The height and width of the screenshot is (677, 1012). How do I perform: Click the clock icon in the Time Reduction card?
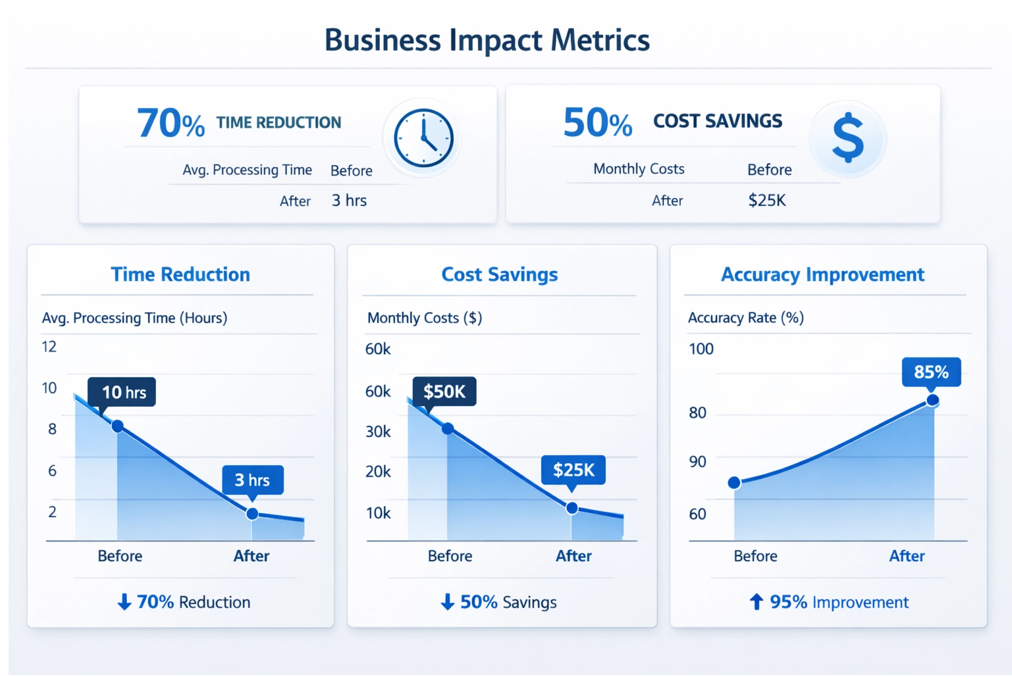click(x=423, y=138)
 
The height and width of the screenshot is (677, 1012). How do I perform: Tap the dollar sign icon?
click(x=848, y=138)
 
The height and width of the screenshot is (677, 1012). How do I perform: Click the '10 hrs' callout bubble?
click(x=122, y=392)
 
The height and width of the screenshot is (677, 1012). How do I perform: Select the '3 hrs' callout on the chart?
click(x=253, y=480)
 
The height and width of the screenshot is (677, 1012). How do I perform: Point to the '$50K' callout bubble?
click(x=444, y=391)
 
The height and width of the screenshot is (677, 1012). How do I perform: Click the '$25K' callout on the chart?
click(x=573, y=470)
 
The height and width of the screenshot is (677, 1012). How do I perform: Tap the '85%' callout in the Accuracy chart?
click(x=931, y=372)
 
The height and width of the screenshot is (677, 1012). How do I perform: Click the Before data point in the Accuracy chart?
click(x=734, y=483)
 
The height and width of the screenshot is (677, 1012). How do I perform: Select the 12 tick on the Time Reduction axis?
click(x=49, y=347)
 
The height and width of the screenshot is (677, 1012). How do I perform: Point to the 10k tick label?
click(x=378, y=513)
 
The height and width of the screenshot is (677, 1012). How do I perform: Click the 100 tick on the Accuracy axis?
click(x=701, y=349)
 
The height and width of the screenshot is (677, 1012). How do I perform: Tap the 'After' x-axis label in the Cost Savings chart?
click(x=573, y=556)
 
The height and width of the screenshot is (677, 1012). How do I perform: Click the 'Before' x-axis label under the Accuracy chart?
click(x=755, y=556)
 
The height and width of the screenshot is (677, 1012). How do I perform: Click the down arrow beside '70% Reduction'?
click(x=124, y=602)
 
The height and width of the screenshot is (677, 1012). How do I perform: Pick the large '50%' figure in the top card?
click(x=597, y=123)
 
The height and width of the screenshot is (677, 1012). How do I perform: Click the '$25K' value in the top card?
click(x=767, y=200)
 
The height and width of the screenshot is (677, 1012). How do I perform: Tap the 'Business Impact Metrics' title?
click(x=487, y=40)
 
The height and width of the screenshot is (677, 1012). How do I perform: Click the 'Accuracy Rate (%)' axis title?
click(x=745, y=318)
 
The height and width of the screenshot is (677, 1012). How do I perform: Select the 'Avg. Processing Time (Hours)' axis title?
click(x=134, y=318)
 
